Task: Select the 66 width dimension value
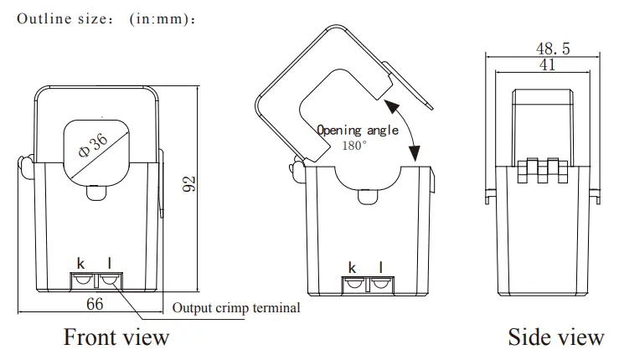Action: (x=95, y=304)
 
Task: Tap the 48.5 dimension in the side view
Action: (x=552, y=49)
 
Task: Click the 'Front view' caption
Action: (x=116, y=337)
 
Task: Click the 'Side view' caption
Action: (x=555, y=337)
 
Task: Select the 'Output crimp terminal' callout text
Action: (x=235, y=308)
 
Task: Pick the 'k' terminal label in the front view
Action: (x=80, y=266)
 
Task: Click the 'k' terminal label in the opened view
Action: (x=352, y=267)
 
